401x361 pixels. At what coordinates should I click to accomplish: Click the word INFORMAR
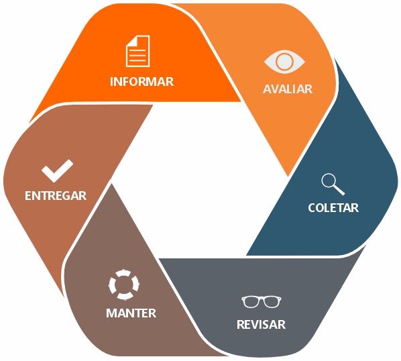tap(141, 82)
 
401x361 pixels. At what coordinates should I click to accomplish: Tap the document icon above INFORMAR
tap(138, 51)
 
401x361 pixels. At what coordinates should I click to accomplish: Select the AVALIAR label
tap(288, 89)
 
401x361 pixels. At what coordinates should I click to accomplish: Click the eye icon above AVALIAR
tap(284, 62)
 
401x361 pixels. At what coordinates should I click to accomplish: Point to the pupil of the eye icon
tap(284, 62)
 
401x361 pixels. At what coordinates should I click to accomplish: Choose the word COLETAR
tap(333, 208)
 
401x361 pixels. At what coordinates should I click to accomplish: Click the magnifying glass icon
tap(333, 185)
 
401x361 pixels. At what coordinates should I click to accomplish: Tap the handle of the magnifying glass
tap(339, 190)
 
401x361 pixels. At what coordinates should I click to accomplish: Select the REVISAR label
tap(261, 324)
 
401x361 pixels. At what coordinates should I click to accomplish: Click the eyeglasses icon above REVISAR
tap(261, 302)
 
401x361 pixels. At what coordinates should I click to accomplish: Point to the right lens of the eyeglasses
tap(272, 302)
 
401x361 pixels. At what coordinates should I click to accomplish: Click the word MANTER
tap(131, 313)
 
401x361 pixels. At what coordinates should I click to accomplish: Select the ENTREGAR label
tap(56, 196)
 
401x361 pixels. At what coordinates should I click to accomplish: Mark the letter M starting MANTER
tap(111, 313)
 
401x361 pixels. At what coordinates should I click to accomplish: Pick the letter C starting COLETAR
tap(312, 208)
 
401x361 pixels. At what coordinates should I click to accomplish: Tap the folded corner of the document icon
tap(131, 41)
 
